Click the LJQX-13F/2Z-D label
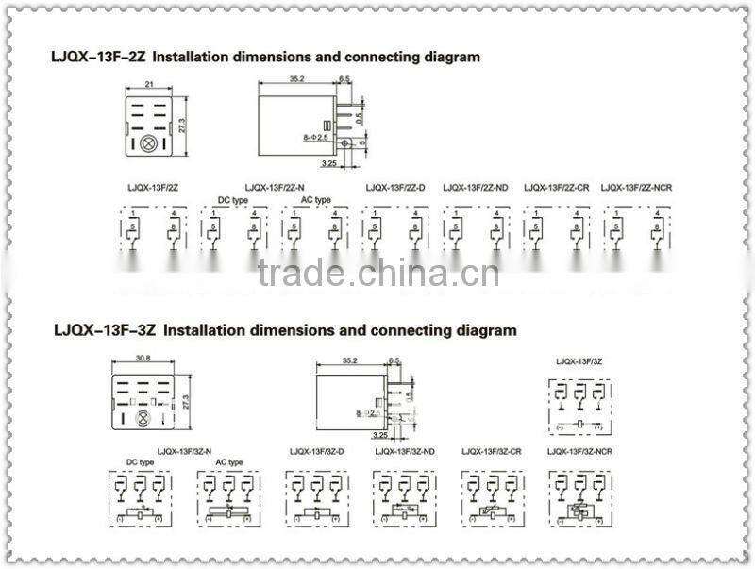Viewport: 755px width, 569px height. tap(395, 188)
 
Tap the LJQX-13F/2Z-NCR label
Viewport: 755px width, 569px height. tap(636, 188)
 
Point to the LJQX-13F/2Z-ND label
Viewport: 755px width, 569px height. tap(475, 188)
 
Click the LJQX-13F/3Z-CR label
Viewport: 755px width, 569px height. tap(492, 452)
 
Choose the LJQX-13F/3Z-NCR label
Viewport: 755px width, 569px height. tap(579, 452)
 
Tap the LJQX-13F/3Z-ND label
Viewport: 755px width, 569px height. tap(405, 452)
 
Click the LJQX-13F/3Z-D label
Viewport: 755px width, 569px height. tap(316, 452)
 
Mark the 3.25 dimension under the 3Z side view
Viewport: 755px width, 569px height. tap(380, 435)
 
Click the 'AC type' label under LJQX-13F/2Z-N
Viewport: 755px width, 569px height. tap(315, 200)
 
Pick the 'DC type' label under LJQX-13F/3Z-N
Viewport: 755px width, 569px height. tap(141, 462)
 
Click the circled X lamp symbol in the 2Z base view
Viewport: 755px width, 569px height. tap(147, 145)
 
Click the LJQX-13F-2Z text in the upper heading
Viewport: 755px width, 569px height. tap(98, 57)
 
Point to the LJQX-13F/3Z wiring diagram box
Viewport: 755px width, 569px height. tap(579, 407)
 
